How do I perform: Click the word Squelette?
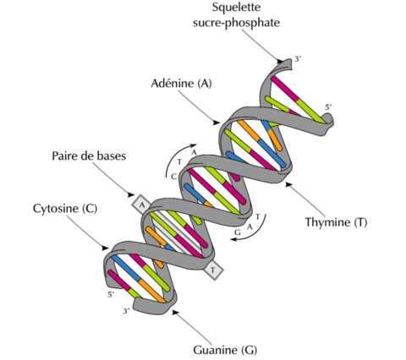[x=236, y=8]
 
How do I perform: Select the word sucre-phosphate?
[x=236, y=23]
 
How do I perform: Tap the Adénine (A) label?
[x=181, y=84]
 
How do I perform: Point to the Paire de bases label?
[x=89, y=155]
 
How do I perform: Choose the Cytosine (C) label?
[x=65, y=209]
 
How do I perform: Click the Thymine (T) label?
[x=336, y=222]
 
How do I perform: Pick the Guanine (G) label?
[x=225, y=351]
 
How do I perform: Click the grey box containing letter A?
[x=142, y=205]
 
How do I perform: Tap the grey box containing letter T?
[x=213, y=270]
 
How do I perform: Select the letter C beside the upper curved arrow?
[x=174, y=177]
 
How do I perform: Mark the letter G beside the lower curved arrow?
[x=238, y=232]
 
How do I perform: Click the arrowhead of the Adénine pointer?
[x=217, y=123]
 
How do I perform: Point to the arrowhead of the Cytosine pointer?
[x=105, y=248]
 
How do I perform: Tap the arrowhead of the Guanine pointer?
[x=176, y=312]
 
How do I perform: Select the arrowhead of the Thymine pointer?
[x=288, y=184]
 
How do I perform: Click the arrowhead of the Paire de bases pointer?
[x=130, y=194]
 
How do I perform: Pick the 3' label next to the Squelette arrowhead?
[x=298, y=59]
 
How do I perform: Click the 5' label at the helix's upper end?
[x=328, y=107]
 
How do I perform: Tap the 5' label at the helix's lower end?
[x=111, y=295]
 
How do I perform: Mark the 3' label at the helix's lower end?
[x=126, y=311]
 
